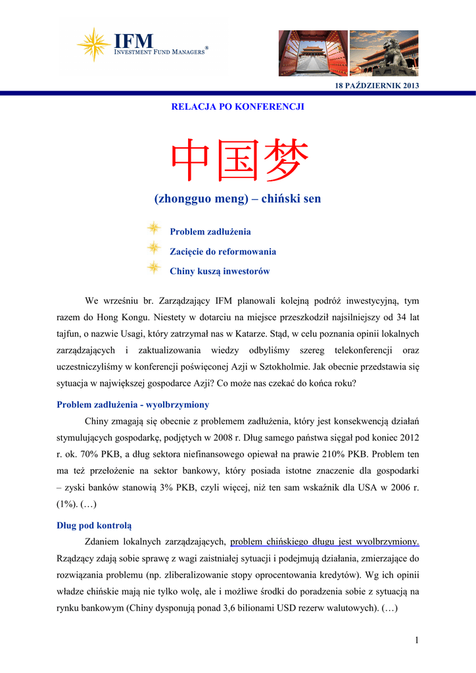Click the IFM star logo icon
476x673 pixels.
[93, 44]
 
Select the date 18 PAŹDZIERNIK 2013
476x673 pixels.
[377, 86]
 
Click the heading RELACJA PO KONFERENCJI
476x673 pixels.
[237, 106]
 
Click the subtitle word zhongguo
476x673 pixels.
[186, 198]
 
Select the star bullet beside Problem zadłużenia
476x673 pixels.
[154, 229]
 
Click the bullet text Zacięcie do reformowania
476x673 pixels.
[223, 252]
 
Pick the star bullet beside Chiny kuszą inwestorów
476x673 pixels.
[154, 267]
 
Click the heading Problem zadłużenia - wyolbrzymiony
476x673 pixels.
[133, 405]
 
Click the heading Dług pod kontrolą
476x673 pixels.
[94, 524]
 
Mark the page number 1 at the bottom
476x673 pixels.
[416, 640]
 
